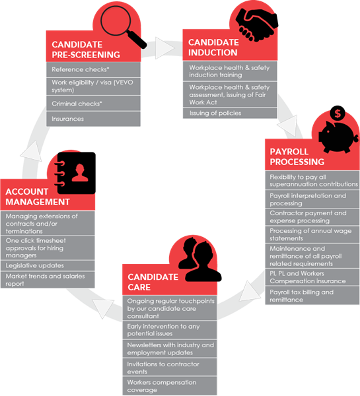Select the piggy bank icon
coord(338,137)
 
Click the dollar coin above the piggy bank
coord(338,113)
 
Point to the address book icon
coord(75,173)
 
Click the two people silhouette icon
coord(199,259)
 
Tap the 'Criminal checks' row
coord(93,104)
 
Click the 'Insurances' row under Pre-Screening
coord(93,119)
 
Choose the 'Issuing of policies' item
coord(230,113)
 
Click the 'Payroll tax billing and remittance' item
coord(312,296)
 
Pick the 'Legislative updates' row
coord(48,266)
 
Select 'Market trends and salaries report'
coord(48,280)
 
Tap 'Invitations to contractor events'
coord(170,368)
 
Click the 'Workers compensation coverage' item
coord(170,386)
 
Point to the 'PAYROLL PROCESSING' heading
coord(297,156)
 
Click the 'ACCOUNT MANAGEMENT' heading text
coord(38,197)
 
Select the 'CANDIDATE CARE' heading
coord(153,282)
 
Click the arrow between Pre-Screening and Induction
coord(164,48)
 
